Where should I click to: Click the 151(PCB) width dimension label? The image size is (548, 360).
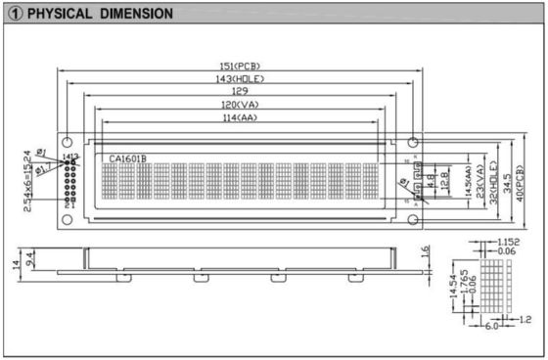[240, 66]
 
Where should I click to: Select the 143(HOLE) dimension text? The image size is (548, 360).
[239, 78]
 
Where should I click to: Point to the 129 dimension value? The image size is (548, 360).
[240, 91]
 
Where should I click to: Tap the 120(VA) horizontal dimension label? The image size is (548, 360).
[240, 105]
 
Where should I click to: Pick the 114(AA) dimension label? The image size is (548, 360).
[240, 117]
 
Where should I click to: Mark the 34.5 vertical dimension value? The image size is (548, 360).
[508, 182]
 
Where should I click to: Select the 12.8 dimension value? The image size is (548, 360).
[445, 181]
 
